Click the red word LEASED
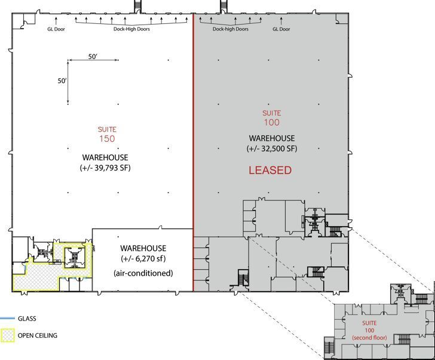point(270,170)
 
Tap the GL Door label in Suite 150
point(56,29)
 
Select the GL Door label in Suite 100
point(281,29)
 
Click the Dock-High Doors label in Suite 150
point(131,29)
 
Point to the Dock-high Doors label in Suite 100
point(230,29)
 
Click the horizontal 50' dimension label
point(93,56)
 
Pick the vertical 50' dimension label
point(62,80)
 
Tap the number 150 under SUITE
point(107,139)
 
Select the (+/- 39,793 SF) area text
point(105,168)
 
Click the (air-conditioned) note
point(143,273)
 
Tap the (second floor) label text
point(370,338)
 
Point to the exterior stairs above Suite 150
point(139,5)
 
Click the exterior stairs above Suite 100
point(225,5)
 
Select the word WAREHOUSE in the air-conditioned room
point(143,248)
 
